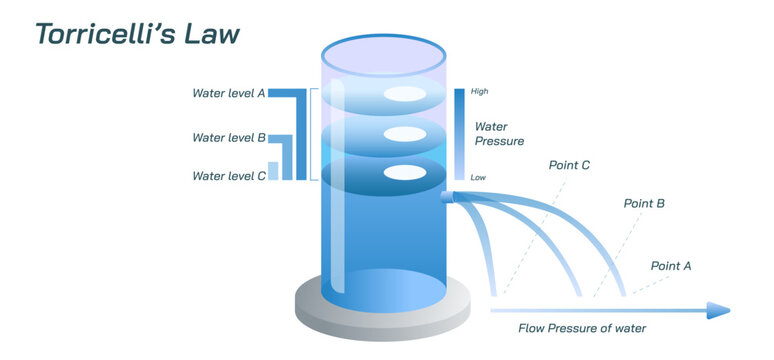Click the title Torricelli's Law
tap(137, 33)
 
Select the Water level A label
tap(228, 93)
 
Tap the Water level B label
tap(228, 138)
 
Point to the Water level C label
tap(228, 176)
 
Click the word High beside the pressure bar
tap(479, 92)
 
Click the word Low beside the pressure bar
tap(478, 177)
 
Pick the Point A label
tap(671, 266)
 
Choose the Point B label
tap(644, 203)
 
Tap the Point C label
tap(570, 164)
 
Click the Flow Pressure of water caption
tap(582, 328)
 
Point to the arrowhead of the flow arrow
tap(718, 310)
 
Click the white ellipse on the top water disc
tap(405, 95)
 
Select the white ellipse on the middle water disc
tap(405, 134)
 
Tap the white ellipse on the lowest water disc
tap(405, 172)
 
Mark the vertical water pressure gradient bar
tap(459, 134)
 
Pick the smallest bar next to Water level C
tap(273, 170)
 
